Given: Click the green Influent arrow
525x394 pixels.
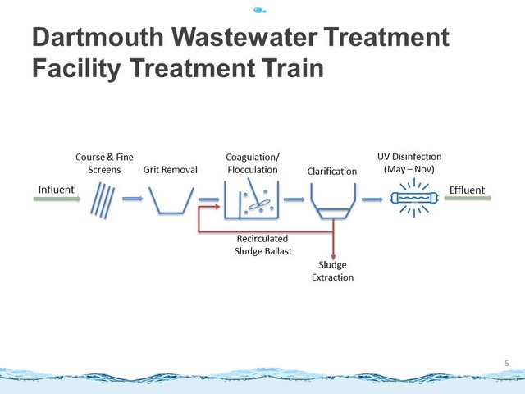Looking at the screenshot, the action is (57, 199).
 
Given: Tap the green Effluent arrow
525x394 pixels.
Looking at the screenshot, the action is (468, 198).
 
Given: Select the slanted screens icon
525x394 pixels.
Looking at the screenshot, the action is (103, 200).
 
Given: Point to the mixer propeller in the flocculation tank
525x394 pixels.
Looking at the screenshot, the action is (259, 204).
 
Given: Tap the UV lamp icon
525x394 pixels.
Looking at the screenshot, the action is (414, 198).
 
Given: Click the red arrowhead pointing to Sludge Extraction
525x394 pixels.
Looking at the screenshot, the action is (333, 257).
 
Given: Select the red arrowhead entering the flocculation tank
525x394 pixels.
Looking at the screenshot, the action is (217, 207).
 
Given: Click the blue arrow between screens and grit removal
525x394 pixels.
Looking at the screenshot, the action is (133, 199).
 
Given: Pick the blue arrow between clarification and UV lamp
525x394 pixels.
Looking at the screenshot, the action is (372, 199).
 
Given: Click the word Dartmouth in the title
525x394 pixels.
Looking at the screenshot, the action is (98, 37).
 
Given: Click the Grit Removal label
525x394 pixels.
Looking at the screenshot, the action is (170, 170).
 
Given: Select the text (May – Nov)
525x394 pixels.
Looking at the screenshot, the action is (409, 169).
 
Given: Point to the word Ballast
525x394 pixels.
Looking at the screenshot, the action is (277, 251).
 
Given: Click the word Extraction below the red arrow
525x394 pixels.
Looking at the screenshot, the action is (332, 277).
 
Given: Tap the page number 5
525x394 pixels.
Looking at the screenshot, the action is (507, 363).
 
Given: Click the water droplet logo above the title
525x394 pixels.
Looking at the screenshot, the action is (260, 11).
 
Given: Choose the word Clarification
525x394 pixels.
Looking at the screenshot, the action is (331, 172).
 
